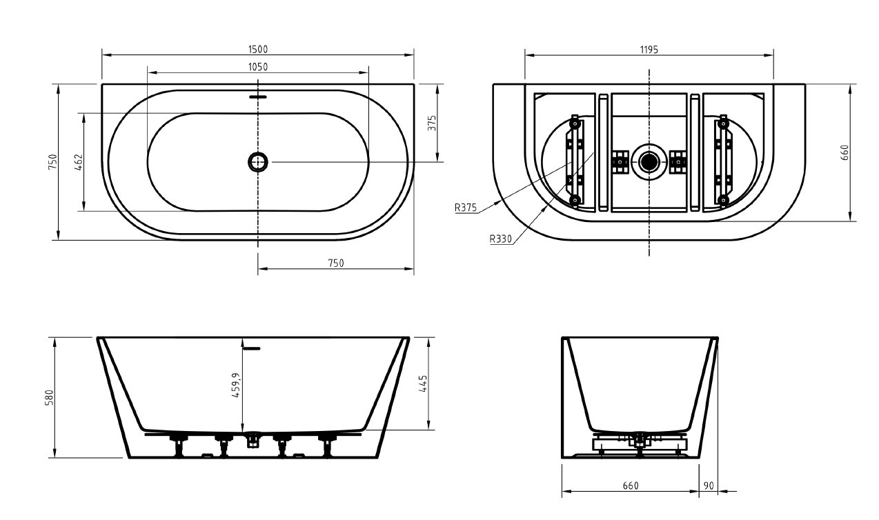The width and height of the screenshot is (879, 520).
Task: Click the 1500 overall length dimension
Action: pos(258,49)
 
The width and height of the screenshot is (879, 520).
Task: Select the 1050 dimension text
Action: pos(258,67)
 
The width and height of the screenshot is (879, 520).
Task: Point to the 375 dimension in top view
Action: pos(432,123)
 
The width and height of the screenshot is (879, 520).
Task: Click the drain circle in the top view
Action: pos(258,162)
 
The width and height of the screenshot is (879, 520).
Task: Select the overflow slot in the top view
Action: pos(258,97)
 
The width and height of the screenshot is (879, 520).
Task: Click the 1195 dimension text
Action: pos(649,49)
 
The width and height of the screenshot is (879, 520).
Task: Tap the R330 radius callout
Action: pos(501,240)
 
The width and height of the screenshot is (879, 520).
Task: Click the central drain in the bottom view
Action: pos(649,162)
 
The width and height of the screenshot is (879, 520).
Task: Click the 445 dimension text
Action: pos(424,383)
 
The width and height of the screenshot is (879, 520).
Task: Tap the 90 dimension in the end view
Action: pos(709,486)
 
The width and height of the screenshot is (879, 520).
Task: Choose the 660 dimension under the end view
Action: pos(631,486)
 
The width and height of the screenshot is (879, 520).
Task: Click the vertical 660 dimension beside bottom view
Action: pos(845,152)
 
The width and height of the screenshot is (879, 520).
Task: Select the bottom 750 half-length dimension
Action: pos(335,263)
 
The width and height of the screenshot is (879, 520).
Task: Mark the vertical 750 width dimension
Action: pos(52,162)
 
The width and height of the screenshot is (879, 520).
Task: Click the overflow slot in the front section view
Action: pos(253,348)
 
